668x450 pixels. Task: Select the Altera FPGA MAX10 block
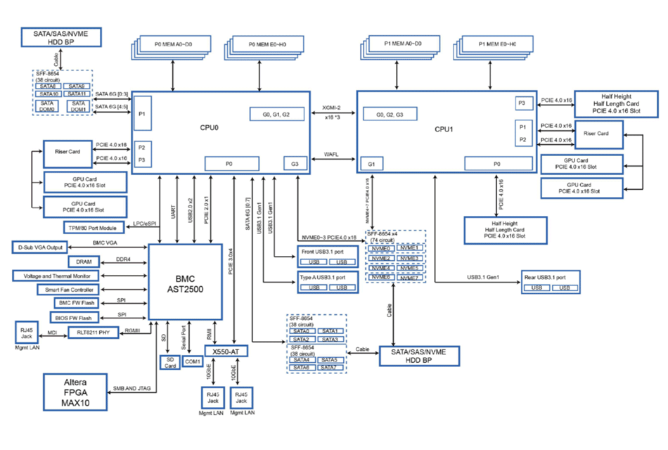75,392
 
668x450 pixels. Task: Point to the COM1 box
192,361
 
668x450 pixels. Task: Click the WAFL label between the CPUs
332,154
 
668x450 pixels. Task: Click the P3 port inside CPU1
522,103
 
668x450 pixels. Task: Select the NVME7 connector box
409,278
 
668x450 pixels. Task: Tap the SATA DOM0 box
47,107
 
